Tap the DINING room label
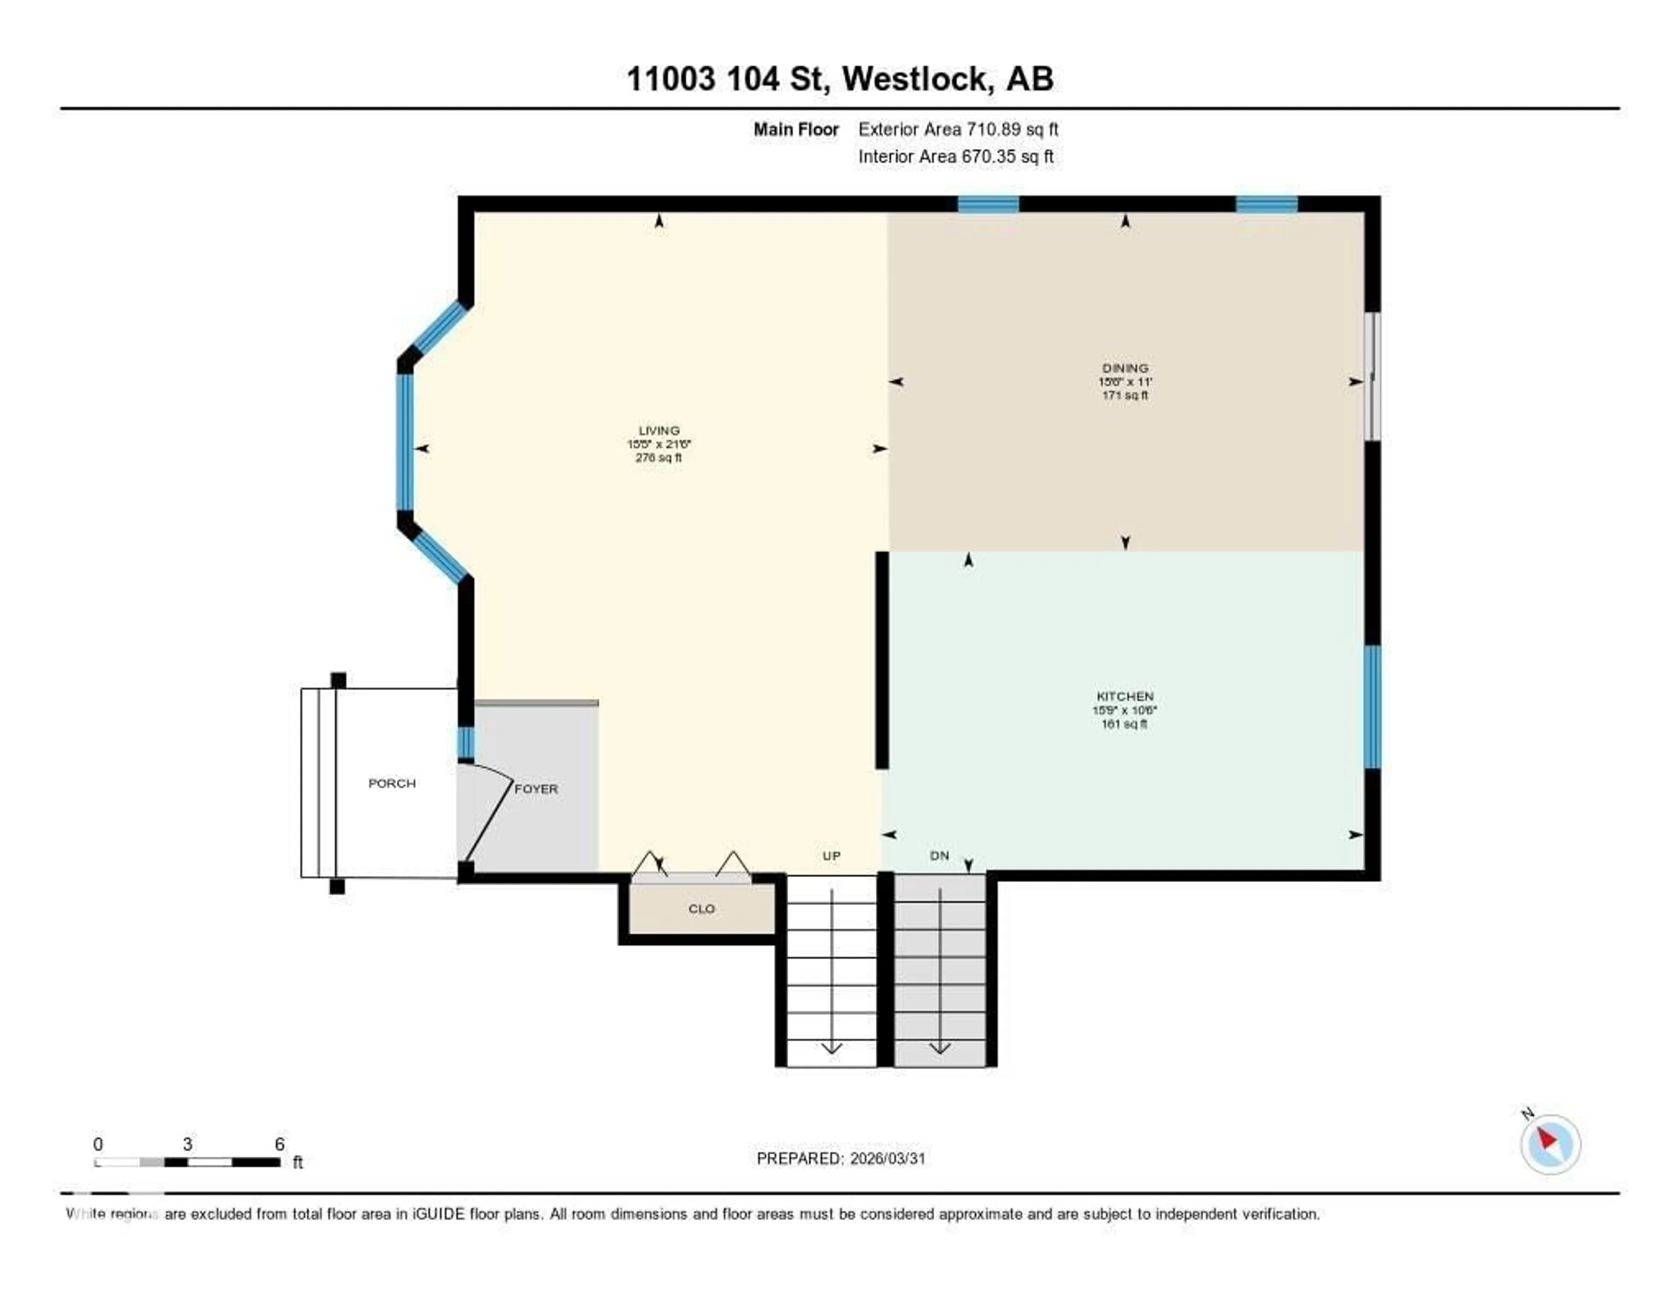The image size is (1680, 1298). pos(1125,368)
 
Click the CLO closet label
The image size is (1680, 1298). pos(701,909)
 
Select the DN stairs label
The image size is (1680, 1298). pos(939,856)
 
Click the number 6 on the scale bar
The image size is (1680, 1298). pos(280,1144)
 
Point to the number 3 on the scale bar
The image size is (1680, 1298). pos(187,1144)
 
